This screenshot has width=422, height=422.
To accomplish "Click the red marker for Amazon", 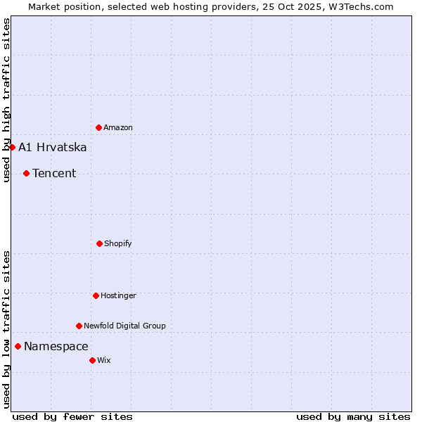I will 98,127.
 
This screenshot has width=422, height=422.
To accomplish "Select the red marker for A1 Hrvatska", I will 12,147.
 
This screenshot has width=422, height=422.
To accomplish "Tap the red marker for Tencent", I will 26,173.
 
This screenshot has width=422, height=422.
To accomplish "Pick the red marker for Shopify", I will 99,243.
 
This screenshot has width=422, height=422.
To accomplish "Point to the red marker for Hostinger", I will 96,295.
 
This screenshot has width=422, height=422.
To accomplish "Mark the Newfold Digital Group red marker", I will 79,326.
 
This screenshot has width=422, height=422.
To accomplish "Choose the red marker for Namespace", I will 18,346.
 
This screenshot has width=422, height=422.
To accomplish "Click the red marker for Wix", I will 92,360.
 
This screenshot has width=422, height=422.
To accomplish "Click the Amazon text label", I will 118,128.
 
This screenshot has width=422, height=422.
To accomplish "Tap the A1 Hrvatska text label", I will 53,148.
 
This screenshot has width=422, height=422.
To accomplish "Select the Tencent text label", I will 54,174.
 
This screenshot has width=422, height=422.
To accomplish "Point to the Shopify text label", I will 118,244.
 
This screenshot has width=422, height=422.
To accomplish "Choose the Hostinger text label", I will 118,296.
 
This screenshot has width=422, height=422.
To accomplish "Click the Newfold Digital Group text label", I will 124,326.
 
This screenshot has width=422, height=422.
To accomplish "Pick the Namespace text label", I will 56,347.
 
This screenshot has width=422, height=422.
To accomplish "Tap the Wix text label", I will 104,361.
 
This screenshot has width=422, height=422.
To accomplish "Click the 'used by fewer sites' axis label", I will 72,416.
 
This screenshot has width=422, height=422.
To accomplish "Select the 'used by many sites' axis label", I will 353,416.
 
